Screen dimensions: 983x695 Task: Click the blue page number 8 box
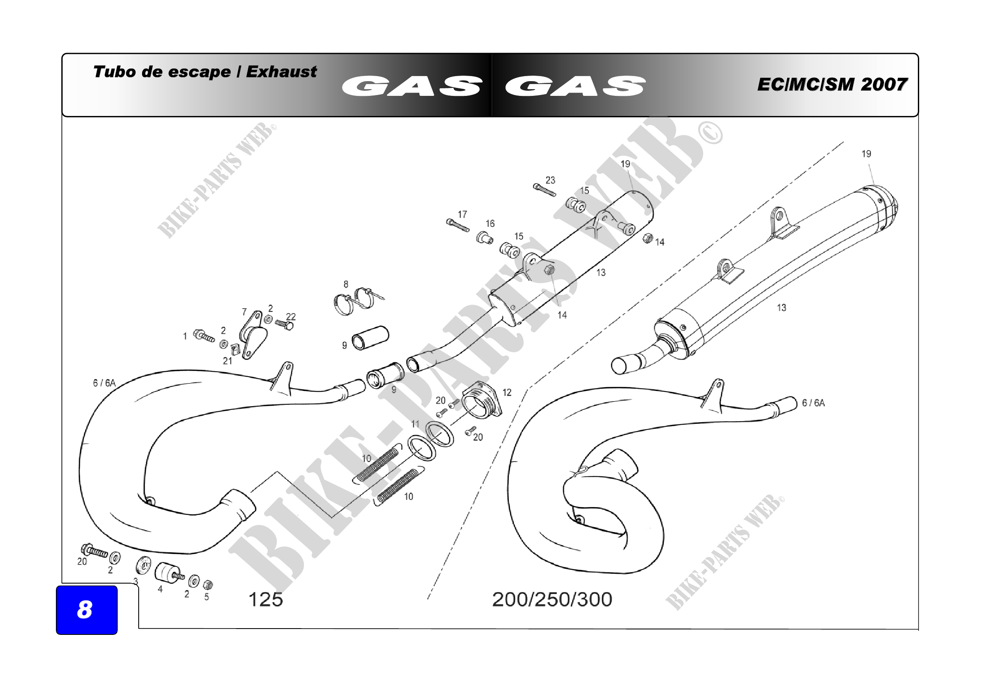87,610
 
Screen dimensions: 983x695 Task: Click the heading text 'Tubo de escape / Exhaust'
205,71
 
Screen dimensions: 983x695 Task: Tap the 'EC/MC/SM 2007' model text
832,85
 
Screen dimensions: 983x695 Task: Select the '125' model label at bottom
266,600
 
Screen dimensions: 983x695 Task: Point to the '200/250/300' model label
552,600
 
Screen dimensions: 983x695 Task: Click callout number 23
550,180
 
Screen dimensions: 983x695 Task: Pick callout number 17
462,214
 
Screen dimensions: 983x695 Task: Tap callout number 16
490,224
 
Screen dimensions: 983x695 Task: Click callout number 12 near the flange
507,392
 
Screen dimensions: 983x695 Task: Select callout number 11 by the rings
415,424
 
